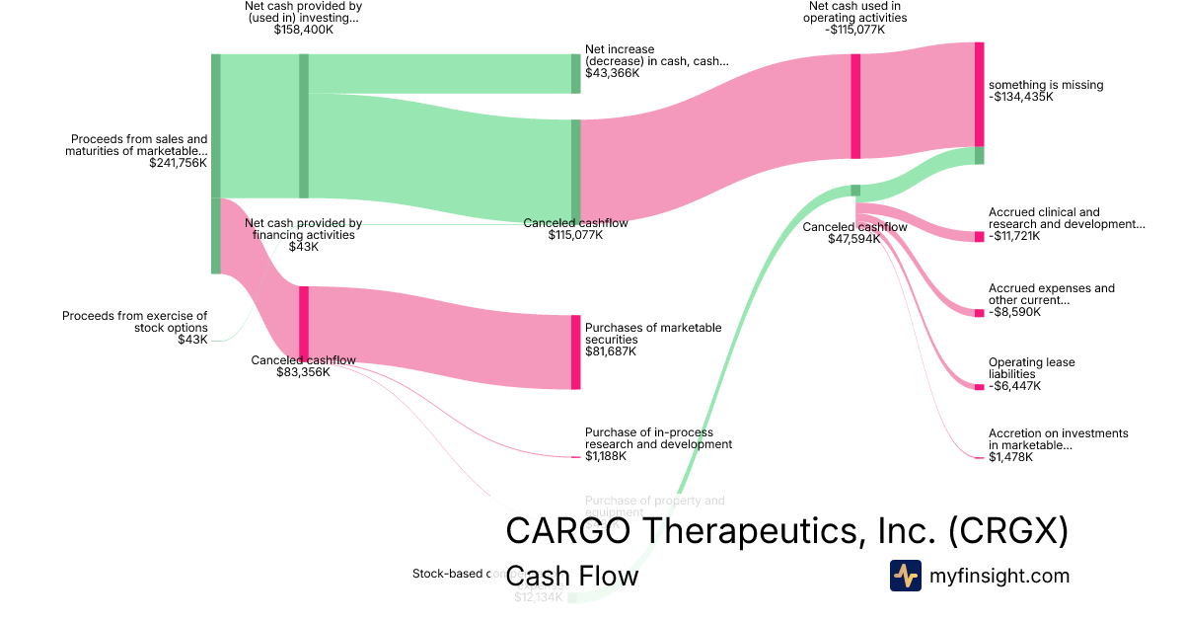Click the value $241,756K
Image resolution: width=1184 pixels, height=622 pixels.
(178, 163)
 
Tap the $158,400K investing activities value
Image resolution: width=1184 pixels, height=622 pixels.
(303, 30)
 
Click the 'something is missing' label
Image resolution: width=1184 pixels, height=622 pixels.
(1046, 85)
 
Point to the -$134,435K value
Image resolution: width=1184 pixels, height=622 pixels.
(1021, 97)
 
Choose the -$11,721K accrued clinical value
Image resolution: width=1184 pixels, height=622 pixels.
(1016, 236)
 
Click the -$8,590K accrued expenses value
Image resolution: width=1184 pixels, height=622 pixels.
(1013, 312)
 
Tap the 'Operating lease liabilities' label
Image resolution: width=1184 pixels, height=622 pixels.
(1031, 368)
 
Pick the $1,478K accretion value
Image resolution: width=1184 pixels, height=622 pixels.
(1010, 456)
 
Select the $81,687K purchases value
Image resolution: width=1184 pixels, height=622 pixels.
(611, 351)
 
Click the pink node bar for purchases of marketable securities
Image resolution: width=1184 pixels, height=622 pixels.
(576, 351)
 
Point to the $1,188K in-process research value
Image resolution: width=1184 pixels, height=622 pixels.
(607, 456)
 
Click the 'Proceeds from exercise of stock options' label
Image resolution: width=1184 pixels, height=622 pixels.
(135, 322)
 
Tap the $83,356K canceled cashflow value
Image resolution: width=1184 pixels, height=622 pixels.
(303, 372)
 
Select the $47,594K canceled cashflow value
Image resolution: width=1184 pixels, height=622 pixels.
(854, 239)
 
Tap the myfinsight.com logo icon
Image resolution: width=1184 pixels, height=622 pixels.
(905, 576)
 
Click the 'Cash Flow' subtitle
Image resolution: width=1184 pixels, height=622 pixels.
(571, 576)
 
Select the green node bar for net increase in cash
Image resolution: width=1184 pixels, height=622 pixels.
(576, 73)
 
